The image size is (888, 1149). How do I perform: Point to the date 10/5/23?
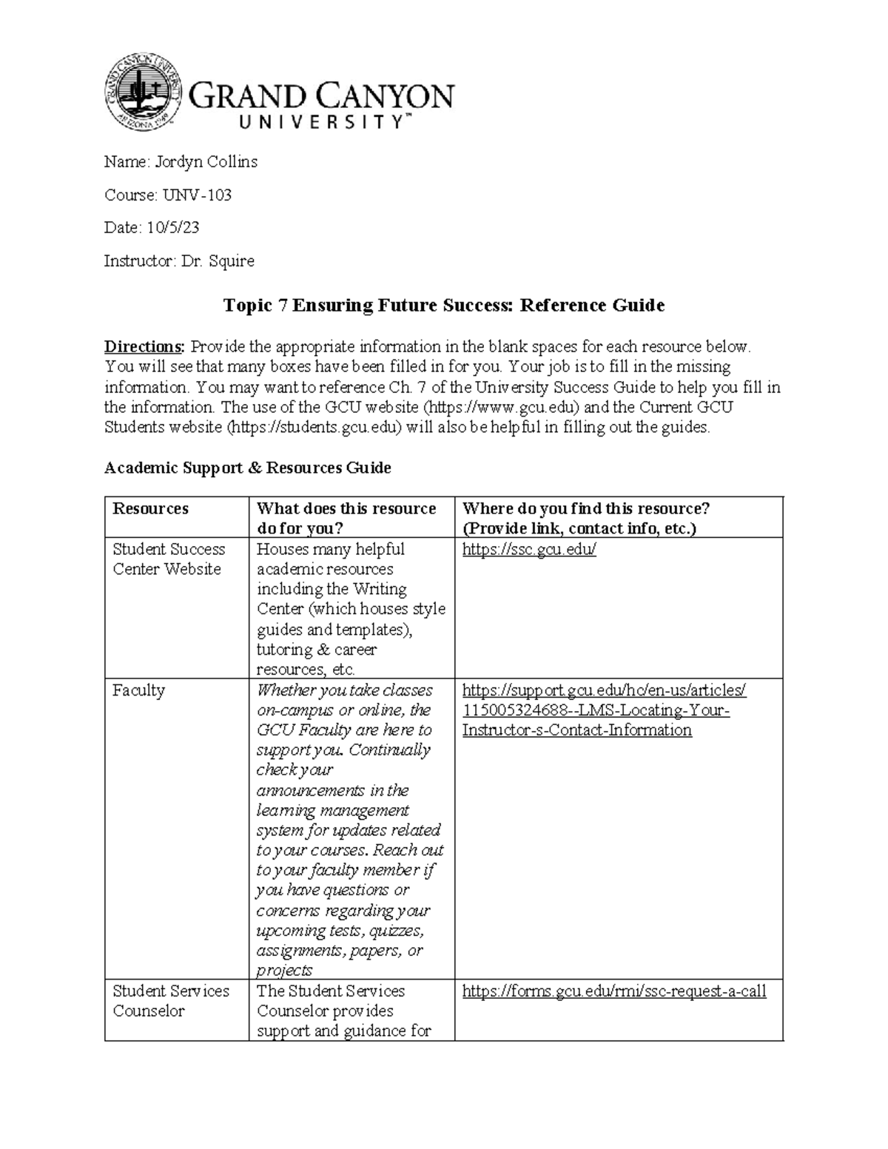173,228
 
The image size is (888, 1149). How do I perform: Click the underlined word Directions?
144,346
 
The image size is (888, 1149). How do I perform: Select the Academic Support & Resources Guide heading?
248,468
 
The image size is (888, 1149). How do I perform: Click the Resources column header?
150,508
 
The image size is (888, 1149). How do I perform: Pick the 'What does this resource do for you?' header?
346,518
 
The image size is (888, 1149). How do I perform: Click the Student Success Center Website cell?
168,559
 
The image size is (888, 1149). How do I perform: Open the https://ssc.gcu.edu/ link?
528,550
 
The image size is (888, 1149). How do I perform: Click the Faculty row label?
138,690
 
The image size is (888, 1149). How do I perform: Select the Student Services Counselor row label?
170,1000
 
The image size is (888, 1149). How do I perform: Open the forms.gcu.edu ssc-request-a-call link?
613,991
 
